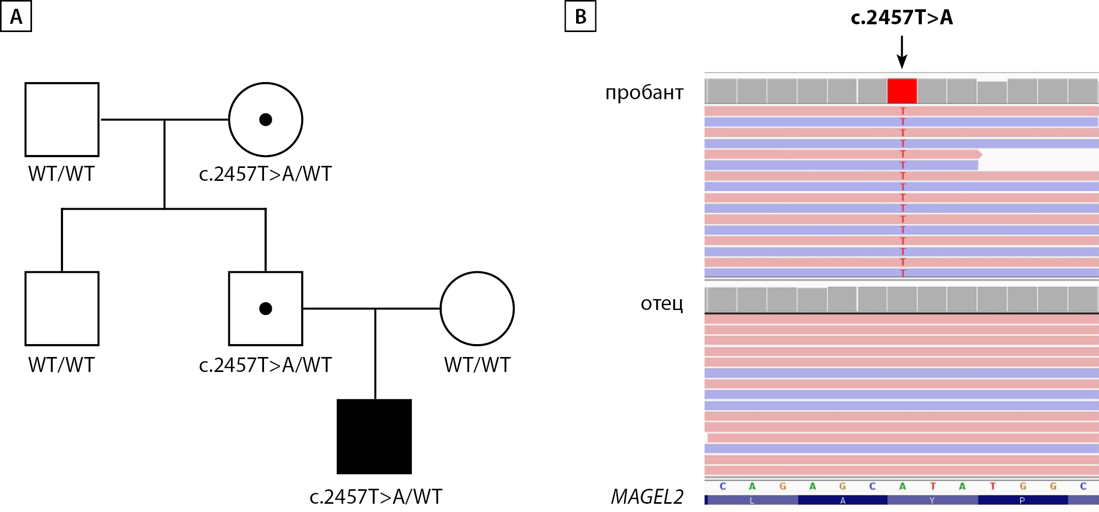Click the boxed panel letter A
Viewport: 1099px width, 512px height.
pyautogui.click(x=16, y=17)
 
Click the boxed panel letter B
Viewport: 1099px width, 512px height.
pyautogui.click(x=580, y=17)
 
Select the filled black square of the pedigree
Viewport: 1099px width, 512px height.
pyautogui.click(x=374, y=437)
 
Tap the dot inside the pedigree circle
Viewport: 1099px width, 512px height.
pyautogui.click(x=266, y=120)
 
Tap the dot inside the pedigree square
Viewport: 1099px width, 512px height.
pyautogui.click(x=266, y=309)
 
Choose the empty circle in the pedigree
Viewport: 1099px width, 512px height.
pyautogui.click(x=477, y=308)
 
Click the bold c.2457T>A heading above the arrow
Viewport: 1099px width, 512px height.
pyautogui.click(x=902, y=18)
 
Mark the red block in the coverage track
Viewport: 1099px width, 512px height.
pyautogui.click(x=902, y=91)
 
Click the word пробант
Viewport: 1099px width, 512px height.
pyautogui.click(x=644, y=92)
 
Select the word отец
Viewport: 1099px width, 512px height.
pyautogui.click(x=662, y=303)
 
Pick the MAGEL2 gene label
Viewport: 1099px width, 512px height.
pyautogui.click(x=647, y=497)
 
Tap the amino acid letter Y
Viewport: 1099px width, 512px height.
pyautogui.click(x=932, y=500)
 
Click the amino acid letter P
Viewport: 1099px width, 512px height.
pyautogui.click(x=1022, y=500)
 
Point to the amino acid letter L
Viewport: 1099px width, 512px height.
pyautogui.click(x=752, y=500)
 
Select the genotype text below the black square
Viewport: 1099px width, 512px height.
pyautogui.click(x=376, y=497)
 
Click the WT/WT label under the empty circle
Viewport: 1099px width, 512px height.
pyautogui.click(x=477, y=365)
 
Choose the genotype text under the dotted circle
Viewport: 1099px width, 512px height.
pyautogui.click(x=265, y=174)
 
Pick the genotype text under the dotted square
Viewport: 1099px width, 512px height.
pyautogui.click(x=265, y=365)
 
